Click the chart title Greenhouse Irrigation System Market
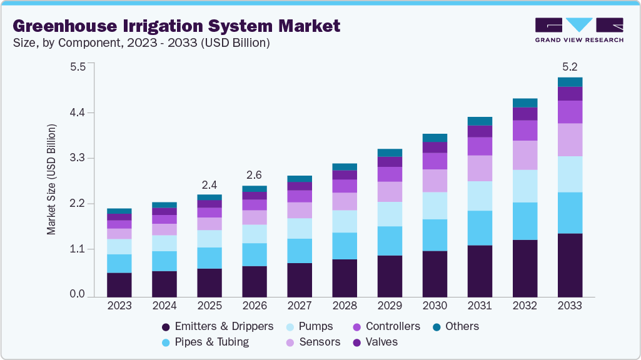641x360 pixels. [176, 26]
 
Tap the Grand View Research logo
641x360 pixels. [579, 30]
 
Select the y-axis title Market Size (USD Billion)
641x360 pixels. [51, 179]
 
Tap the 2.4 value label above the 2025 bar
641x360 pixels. [209, 185]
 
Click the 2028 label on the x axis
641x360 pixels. [345, 306]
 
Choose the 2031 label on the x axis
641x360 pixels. [480, 306]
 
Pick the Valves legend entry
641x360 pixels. [375, 342]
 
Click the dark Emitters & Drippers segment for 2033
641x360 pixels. [570, 265]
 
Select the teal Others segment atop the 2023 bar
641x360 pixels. [119, 211]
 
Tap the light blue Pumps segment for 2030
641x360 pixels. [435, 206]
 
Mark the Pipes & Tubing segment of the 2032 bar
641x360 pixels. [525, 221]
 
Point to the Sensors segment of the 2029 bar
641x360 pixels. [390, 192]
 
